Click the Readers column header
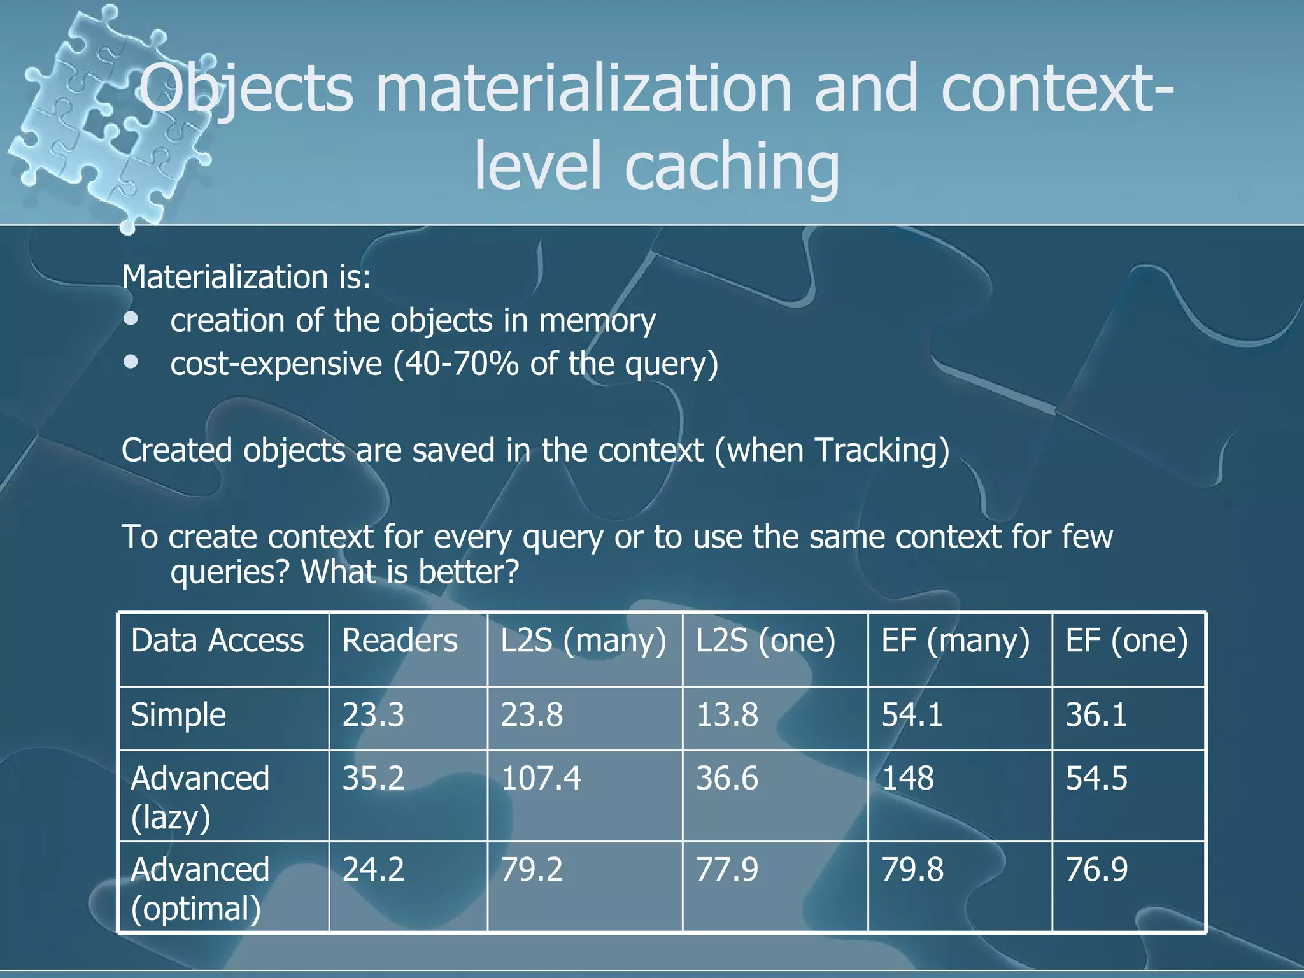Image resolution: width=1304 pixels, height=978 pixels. [x=400, y=641]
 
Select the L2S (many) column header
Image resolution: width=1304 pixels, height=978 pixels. [x=583, y=641]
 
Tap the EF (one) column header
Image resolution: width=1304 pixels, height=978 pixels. [x=1126, y=641]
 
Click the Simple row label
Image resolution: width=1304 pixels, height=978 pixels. [x=178, y=715]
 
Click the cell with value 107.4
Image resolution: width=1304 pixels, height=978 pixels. [x=541, y=779]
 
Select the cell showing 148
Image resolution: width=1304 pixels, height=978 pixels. [x=907, y=779]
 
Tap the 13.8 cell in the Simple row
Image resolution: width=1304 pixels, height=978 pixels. [x=727, y=715]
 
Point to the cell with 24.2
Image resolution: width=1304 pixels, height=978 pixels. [x=373, y=870]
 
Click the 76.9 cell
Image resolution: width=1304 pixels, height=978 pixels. [x=1096, y=870]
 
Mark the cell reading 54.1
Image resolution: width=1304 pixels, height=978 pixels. [x=912, y=715]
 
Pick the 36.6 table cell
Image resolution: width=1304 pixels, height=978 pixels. [x=727, y=779]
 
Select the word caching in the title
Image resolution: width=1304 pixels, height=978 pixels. [x=732, y=166]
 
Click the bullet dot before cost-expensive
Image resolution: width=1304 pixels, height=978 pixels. [x=132, y=362]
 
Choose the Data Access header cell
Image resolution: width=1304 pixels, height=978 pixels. [x=217, y=641]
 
